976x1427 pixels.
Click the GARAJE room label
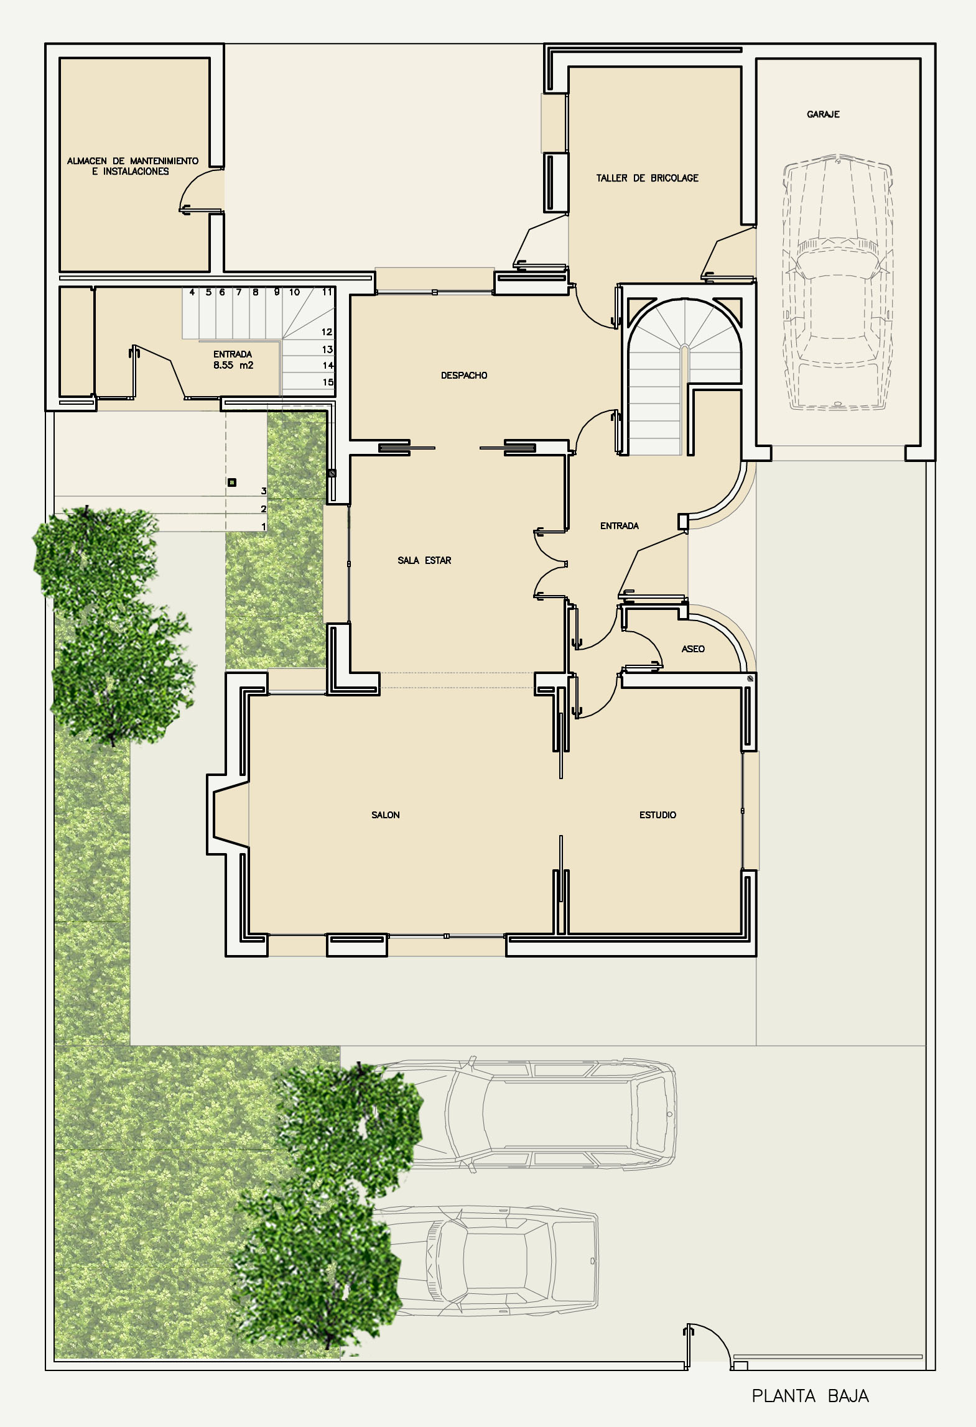[x=823, y=114]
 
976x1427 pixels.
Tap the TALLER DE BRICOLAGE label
[x=647, y=178]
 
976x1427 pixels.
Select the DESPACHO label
[x=464, y=376]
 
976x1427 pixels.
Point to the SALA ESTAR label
[x=424, y=560]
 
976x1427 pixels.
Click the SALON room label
[x=386, y=815]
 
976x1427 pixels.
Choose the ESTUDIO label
[x=658, y=815]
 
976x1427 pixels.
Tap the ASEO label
[x=693, y=649]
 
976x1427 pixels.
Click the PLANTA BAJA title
[x=810, y=1395]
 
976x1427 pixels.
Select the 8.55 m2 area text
[x=233, y=365]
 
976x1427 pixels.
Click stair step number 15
[x=328, y=382]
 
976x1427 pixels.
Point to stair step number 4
[x=192, y=292]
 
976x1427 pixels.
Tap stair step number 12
[x=327, y=332]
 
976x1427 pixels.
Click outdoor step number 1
[x=264, y=527]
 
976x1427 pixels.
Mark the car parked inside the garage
[x=838, y=282]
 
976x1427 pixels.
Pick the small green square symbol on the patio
[x=232, y=482]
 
